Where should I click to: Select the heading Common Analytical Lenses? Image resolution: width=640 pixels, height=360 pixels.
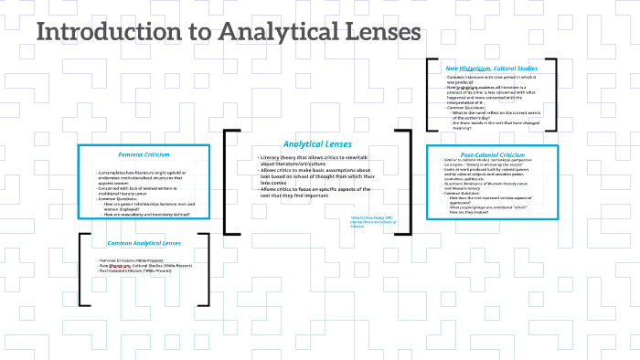(144, 244)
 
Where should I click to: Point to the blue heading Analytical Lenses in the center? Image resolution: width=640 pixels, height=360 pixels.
(316, 144)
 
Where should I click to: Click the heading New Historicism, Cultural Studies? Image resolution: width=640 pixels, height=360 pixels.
(491, 69)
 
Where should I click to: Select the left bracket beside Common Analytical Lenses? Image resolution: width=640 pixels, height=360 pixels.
(82, 269)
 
